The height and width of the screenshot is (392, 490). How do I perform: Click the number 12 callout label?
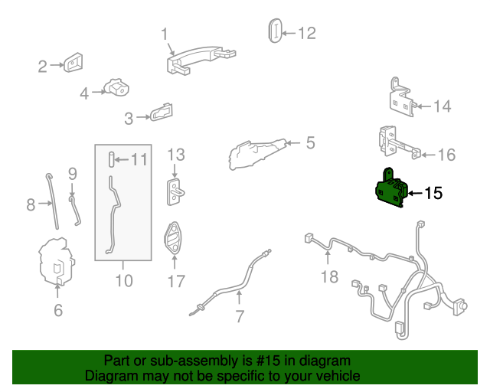tap(306, 33)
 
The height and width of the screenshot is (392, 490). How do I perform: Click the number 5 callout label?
tap(310, 142)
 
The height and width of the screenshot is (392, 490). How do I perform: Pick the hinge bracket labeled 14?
tap(403, 101)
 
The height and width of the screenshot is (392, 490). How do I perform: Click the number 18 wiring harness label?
tap(329, 276)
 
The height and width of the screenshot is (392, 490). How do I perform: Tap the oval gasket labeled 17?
tap(176, 237)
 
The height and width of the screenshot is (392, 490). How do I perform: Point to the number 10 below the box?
tap(123, 280)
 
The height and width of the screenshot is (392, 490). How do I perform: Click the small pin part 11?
tap(111, 160)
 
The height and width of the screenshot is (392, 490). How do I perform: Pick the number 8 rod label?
tap(31, 204)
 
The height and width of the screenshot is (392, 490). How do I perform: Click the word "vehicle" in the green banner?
tap(335, 376)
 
